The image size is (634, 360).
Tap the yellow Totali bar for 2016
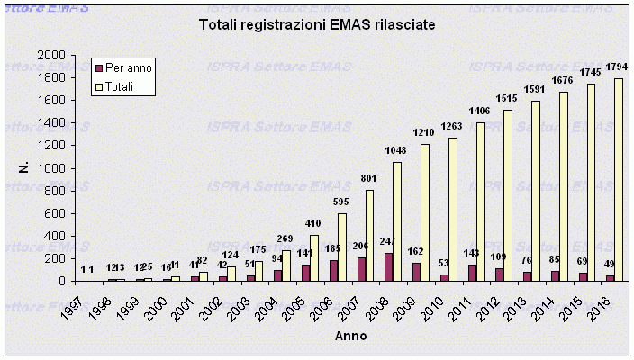pyautogui.click(x=619, y=180)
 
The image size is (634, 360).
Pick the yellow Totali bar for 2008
pyautogui.click(x=398, y=222)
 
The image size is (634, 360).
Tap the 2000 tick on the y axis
pyautogui.click(x=52, y=56)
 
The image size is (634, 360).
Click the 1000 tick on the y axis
pyautogui.click(x=52, y=168)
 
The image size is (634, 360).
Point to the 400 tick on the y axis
pyautogui.click(x=56, y=236)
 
